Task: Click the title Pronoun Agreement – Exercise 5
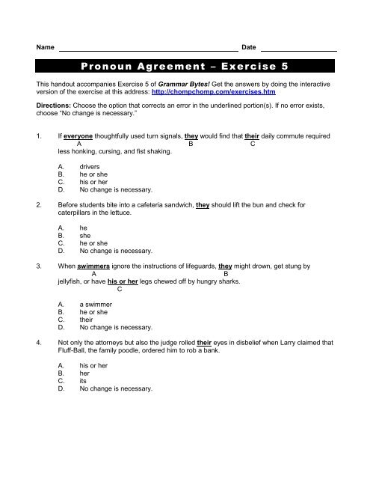[x=185, y=66]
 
